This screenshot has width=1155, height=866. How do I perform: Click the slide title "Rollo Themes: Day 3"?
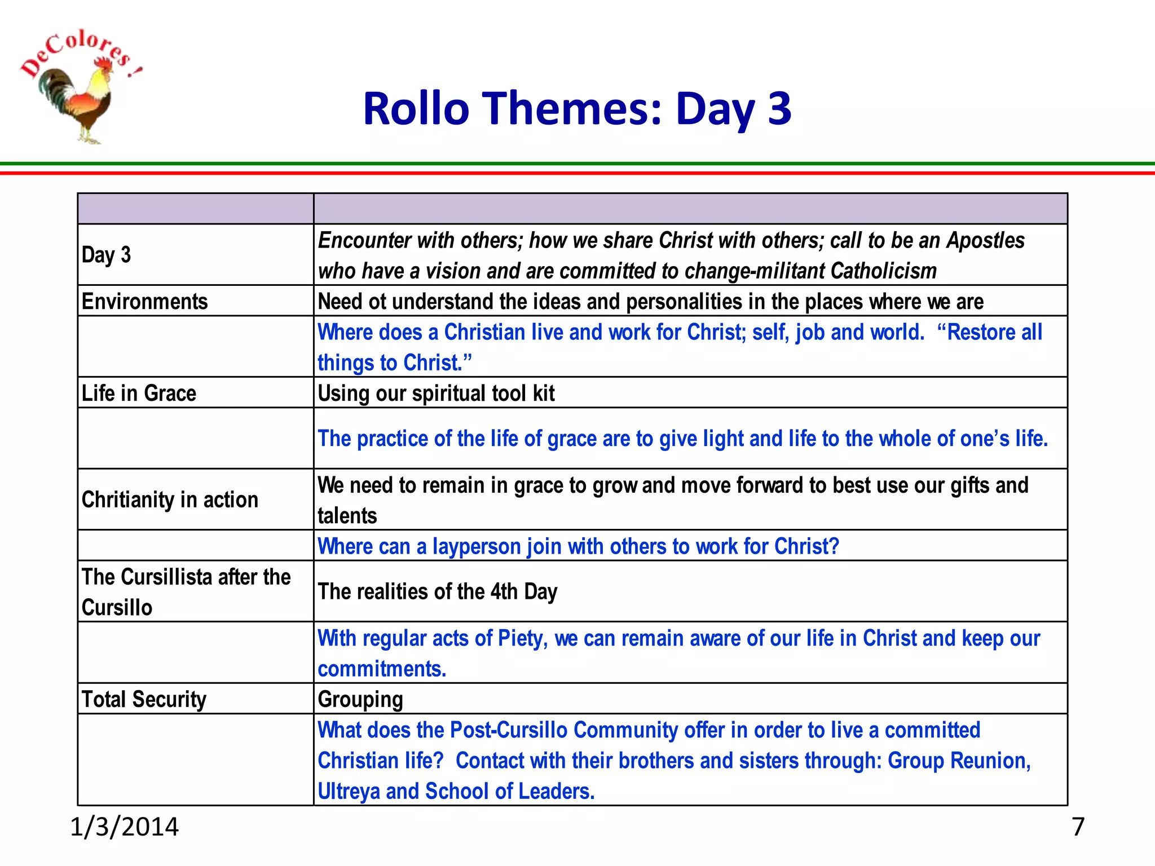577,108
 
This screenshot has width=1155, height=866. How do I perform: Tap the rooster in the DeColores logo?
79,101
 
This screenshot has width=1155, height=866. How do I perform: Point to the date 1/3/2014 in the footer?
124,827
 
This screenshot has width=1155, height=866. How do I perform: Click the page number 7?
1078,827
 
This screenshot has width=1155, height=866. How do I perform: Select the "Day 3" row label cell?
107,255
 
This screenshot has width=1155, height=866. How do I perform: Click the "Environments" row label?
144,301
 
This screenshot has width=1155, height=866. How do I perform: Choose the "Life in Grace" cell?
139,393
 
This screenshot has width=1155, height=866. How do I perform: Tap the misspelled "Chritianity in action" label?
170,500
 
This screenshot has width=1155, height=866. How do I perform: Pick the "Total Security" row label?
144,699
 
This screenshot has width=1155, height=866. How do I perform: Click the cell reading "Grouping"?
360,700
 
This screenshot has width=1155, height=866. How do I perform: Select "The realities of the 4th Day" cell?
437,591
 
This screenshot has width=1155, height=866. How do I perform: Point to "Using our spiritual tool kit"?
436,393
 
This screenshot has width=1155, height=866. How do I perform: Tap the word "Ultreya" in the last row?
348,791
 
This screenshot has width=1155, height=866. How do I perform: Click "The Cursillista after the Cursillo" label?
186,591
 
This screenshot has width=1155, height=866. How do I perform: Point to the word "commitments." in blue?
382,669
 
